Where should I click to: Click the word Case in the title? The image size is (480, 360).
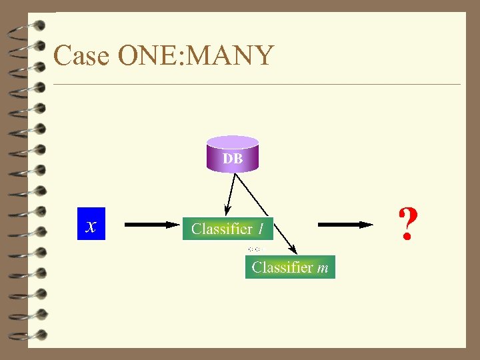(81, 55)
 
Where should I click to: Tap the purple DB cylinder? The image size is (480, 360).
(232, 153)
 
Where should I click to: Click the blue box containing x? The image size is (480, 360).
(91, 224)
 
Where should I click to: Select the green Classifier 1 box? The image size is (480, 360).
(227, 229)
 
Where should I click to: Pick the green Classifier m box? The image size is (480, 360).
(290, 267)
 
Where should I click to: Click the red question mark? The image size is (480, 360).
(407, 225)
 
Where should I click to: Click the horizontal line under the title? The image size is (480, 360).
(257, 85)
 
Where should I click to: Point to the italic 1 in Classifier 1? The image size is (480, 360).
(261, 229)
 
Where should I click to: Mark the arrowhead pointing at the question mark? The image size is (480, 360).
(365, 225)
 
